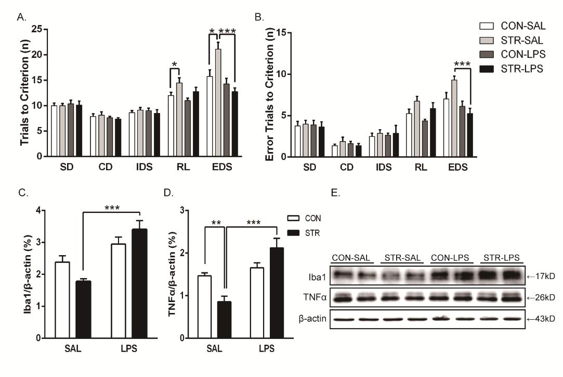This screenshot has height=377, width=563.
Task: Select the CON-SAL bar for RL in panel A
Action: pyautogui.click(x=171, y=125)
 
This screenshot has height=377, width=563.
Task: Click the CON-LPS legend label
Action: pyautogui.click(x=522, y=54)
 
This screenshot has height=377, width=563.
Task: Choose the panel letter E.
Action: pyautogui.click(x=335, y=192)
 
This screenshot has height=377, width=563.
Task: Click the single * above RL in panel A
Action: pyautogui.click(x=175, y=65)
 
